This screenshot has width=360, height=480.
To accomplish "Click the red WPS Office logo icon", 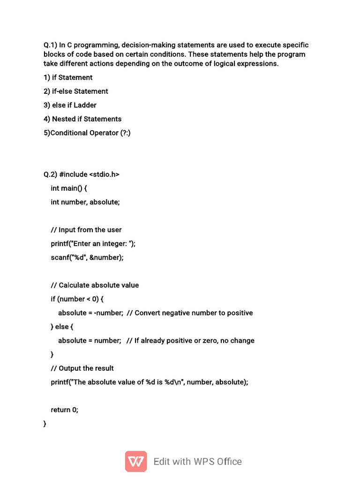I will pyautogui.click(x=136, y=461).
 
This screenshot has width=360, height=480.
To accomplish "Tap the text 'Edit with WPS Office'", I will pyautogui.click(x=197, y=462).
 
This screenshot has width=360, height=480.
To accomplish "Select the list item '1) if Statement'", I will pyautogui.click(x=68, y=77).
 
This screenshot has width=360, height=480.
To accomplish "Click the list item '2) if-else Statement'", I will pyautogui.click(x=76, y=91).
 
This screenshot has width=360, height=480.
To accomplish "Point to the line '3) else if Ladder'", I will pyautogui.click(x=70, y=105).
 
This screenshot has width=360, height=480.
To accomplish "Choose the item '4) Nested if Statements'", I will pyautogui.click(x=82, y=119).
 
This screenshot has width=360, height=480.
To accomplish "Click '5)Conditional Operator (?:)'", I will pyautogui.click(x=87, y=133).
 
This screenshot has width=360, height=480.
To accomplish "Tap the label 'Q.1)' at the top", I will pyautogui.click(x=50, y=45).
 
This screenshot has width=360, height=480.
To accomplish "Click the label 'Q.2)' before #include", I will pyautogui.click(x=50, y=174).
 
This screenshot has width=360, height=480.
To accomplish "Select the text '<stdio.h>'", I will pyautogui.click(x=104, y=174).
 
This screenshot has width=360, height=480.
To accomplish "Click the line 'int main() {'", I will pyautogui.click(x=69, y=188).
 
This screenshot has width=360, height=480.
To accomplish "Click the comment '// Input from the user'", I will pyautogui.click(x=86, y=230).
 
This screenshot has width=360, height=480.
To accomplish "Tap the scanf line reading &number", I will pyautogui.click(x=87, y=257).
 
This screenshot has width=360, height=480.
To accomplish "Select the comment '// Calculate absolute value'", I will pyautogui.click(x=95, y=285).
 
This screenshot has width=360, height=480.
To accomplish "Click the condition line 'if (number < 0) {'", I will pyautogui.click(x=77, y=299).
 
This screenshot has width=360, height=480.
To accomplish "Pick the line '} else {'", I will pyautogui.click(x=62, y=327).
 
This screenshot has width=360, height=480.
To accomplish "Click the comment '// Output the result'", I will pyautogui.click(x=82, y=368).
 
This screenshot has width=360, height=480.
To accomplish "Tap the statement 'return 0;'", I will pyautogui.click(x=65, y=410).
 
